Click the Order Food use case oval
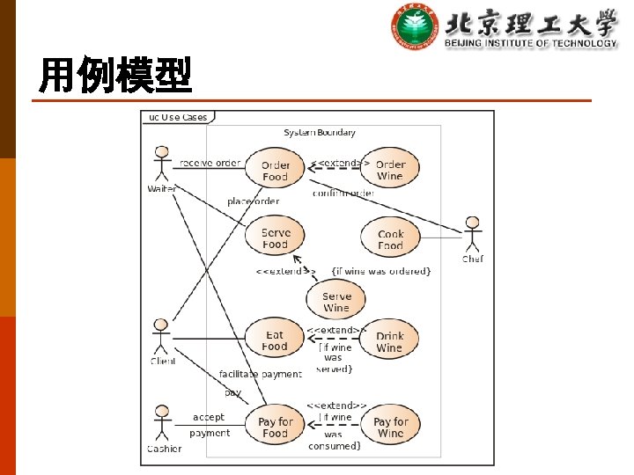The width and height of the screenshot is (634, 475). coord(276,171)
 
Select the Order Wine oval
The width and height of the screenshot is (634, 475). coord(390,170)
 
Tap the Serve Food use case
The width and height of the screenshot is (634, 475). coord(276,238)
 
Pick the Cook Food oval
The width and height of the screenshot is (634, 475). coord(390,239)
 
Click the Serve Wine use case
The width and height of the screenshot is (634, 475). coord(336,302)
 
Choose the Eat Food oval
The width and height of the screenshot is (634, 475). coord(275,340)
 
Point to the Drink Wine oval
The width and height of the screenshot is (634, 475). coord(389,341)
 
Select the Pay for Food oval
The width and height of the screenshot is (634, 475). coord(275,427)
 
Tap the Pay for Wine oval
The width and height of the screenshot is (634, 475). coord(390,427)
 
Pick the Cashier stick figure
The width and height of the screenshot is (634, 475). coord(161,423)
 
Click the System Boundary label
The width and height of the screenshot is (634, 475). coord(320,133)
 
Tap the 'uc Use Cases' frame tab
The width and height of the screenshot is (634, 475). coord(178,117)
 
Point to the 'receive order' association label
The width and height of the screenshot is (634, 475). coord(210,163)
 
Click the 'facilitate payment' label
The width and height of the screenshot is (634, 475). coord(260,374)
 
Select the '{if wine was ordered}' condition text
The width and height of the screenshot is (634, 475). coord(380,271)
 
